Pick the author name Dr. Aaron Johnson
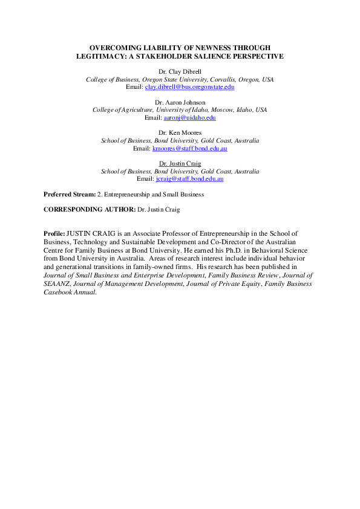pos(180,103)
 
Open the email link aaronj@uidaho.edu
pos(190,118)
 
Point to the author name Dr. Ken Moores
pos(180,133)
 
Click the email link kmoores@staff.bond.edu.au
pos(189,148)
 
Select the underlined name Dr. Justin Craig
pos(180,164)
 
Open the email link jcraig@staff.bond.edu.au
pos(189,179)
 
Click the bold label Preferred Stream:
pos(70,195)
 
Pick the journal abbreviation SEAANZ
pos(58,284)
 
